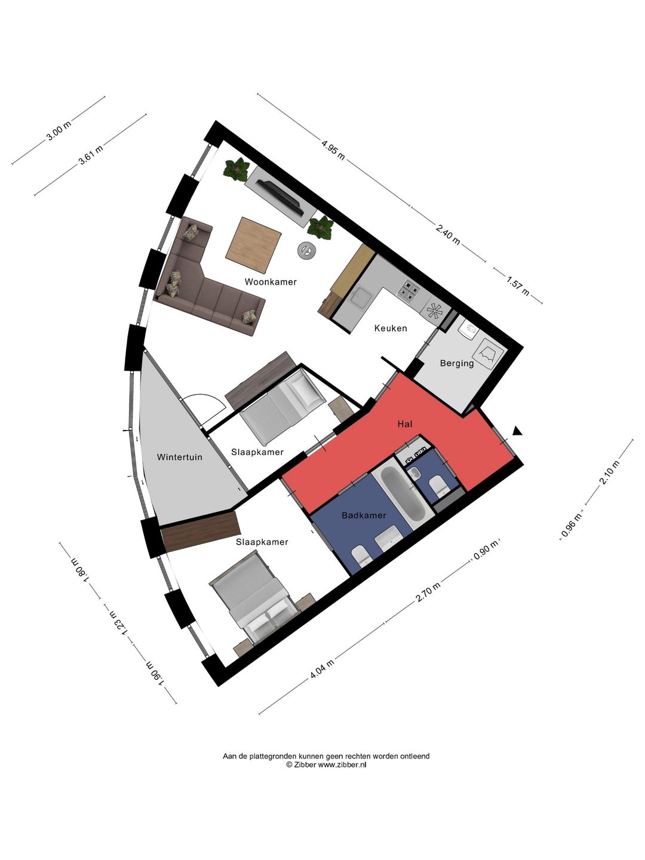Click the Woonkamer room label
click(x=270, y=282)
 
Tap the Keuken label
click(x=391, y=328)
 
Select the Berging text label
click(x=457, y=363)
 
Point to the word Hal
click(x=404, y=423)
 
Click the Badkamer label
click(x=364, y=515)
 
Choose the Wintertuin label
click(x=179, y=457)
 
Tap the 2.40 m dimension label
click(x=448, y=233)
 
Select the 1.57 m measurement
click(x=518, y=285)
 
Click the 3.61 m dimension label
click(x=91, y=155)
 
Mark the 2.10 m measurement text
click(x=610, y=472)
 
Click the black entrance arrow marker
click(x=518, y=431)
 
